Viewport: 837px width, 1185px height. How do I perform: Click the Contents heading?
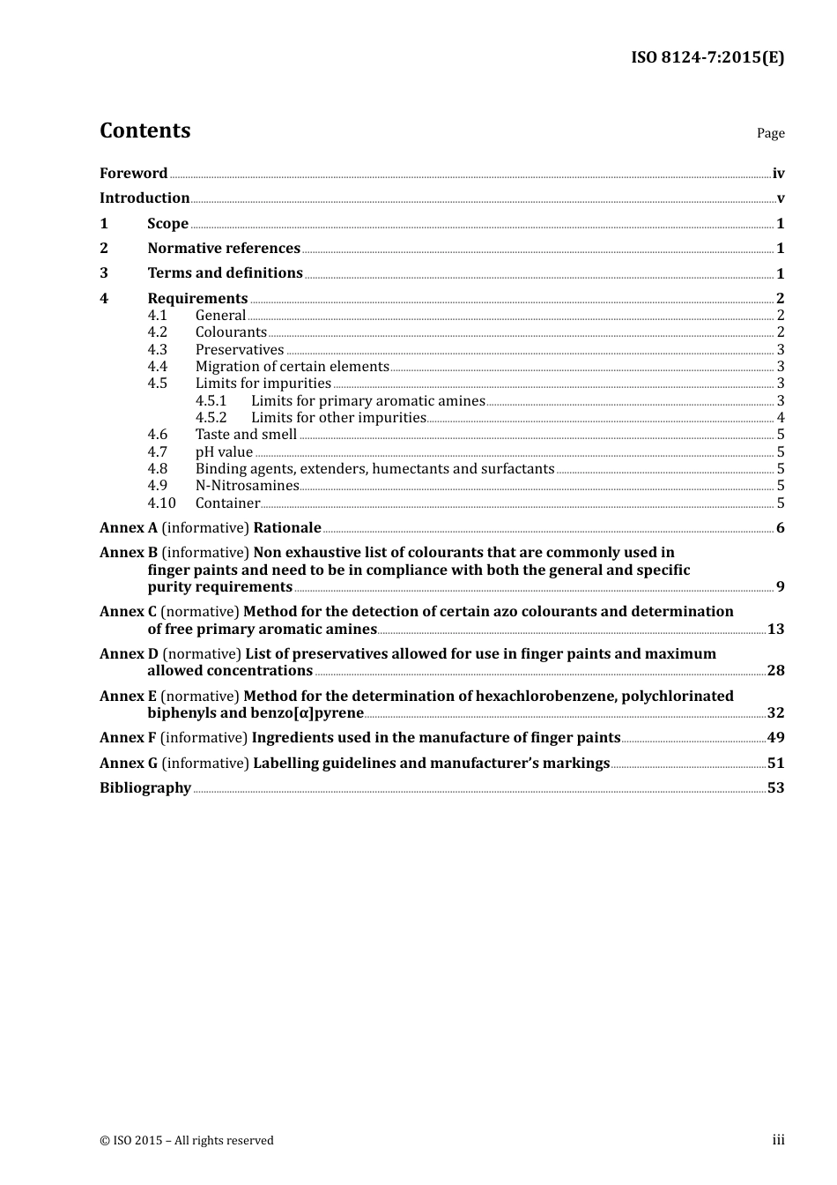click(144, 130)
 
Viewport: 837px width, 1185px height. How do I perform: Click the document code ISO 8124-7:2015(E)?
click(707, 58)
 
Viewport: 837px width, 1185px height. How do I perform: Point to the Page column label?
click(770, 133)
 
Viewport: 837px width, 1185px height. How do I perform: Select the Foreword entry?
click(133, 174)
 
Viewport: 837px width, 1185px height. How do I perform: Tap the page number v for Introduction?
click(780, 198)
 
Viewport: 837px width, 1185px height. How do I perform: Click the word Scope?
click(167, 224)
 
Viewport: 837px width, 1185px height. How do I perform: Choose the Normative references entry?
click(224, 249)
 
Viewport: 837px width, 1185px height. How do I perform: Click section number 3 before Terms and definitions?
click(104, 273)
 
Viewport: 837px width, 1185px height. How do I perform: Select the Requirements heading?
click(197, 299)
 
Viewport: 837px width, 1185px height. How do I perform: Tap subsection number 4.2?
click(157, 332)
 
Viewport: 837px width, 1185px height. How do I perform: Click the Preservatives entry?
click(240, 350)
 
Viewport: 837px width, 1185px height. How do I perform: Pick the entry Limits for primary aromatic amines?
click(367, 401)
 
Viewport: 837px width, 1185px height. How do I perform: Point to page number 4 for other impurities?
click(780, 418)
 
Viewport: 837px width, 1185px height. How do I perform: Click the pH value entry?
click(224, 452)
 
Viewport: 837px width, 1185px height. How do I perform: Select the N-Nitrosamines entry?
click(247, 486)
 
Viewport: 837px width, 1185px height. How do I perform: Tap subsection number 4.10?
click(161, 503)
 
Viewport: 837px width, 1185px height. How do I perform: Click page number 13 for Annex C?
click(775, 630)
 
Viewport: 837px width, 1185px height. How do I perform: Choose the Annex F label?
click(128, 738)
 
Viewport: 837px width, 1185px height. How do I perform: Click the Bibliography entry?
click(145, 788)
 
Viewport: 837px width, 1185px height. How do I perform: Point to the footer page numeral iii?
click(778, 1140)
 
